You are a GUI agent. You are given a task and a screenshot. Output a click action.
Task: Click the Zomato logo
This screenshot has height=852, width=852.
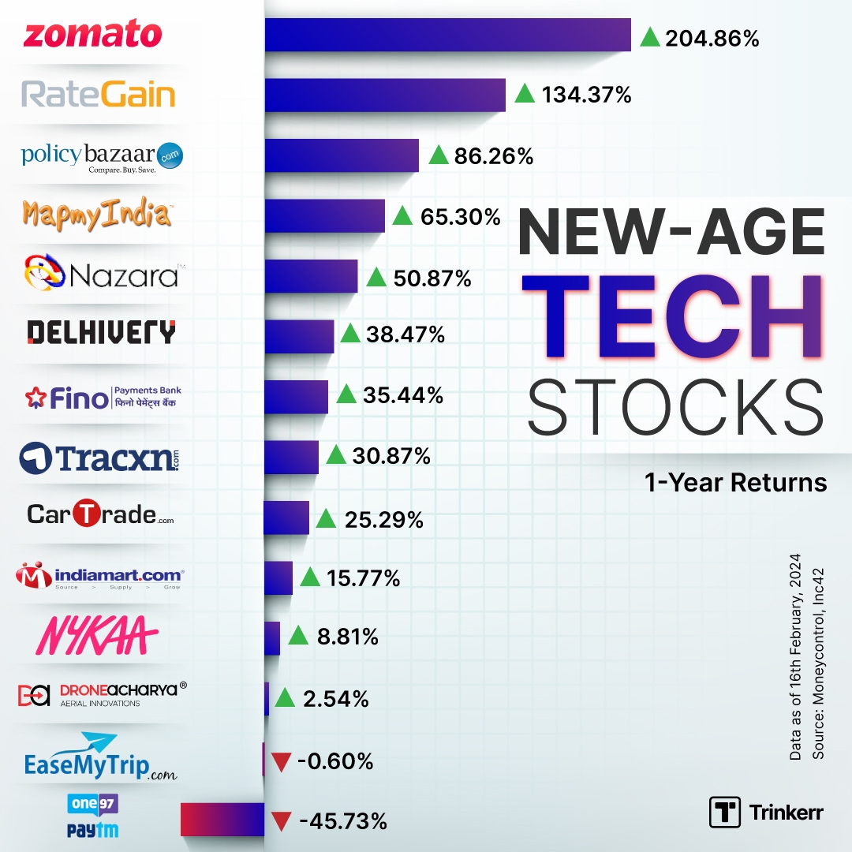click(x=93, y=35)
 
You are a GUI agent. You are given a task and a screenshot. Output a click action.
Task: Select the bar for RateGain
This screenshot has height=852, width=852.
click(x=384, y=95)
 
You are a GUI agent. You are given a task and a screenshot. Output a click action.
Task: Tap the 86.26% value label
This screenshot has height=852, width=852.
click(x=493, y=155)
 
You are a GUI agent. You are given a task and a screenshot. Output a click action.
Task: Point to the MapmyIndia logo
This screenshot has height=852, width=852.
click(x=97, y=215)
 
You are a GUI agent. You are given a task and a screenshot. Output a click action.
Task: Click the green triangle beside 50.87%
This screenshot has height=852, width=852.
click(x=376, y=277)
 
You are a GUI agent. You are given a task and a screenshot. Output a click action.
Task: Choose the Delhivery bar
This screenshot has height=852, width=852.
click(x=299, y=336)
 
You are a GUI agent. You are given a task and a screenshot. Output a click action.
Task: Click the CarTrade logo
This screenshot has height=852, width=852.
click(x=100, y=514)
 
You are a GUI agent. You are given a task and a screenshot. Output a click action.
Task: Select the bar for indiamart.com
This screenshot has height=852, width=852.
click(x=278, y=577)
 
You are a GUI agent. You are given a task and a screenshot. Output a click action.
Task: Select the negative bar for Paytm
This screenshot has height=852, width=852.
click(x=222, y=819)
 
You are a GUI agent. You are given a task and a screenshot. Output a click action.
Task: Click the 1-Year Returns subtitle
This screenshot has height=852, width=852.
click(x=735, y=482)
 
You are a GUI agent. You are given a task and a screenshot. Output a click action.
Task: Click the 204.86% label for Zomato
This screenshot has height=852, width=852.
click(x=712, y=37)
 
